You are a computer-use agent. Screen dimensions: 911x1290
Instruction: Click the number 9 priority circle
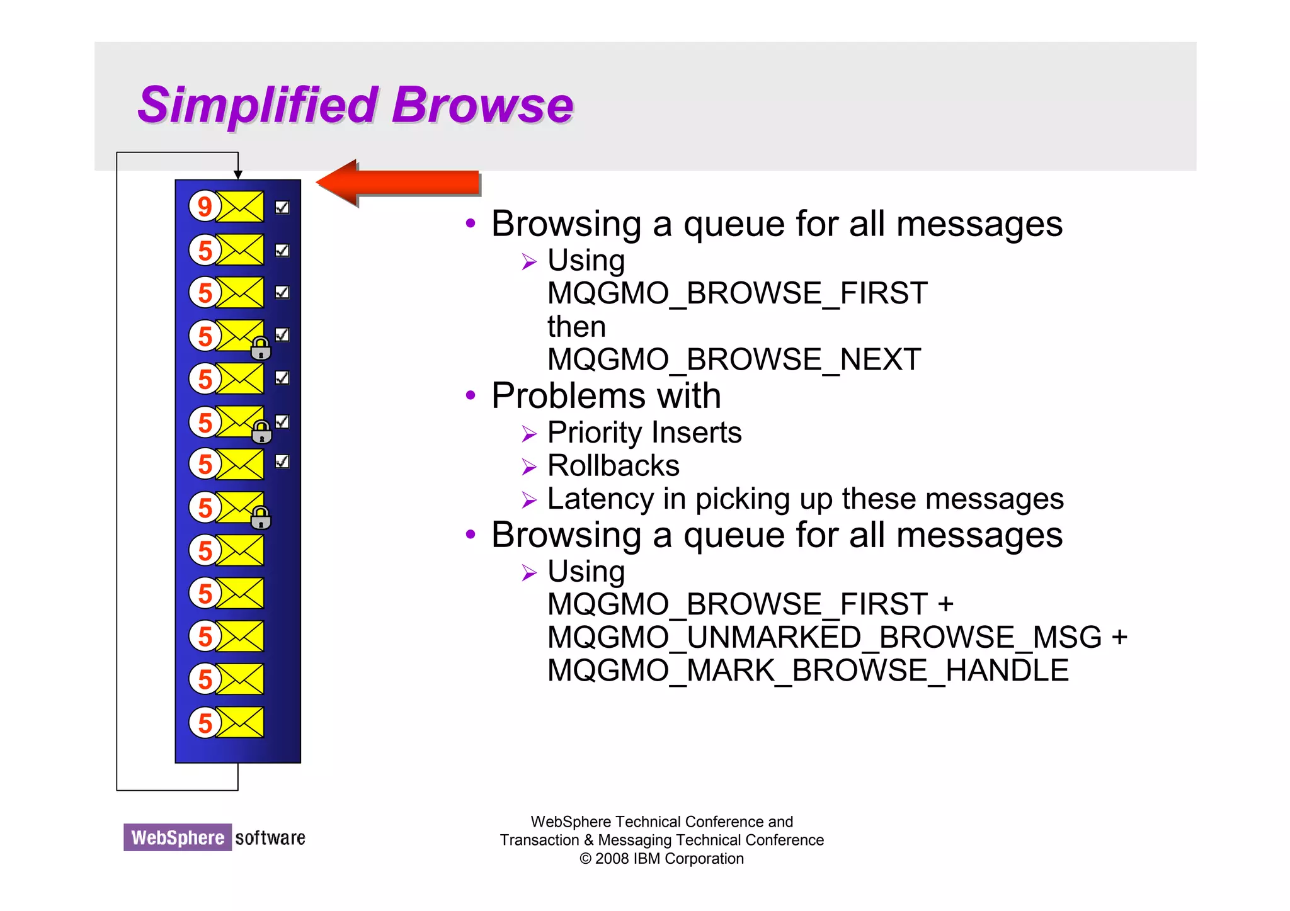click(x=204, y=207)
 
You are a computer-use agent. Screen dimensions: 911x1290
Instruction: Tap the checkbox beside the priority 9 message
click(x=282, y=207)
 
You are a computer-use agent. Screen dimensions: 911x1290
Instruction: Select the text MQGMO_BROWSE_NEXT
click(x=734, y=359)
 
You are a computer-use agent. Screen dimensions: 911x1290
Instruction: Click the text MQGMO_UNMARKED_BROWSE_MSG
click(x=825, y=637)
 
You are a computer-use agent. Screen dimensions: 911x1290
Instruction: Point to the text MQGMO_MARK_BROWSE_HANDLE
click(x=808, y=671)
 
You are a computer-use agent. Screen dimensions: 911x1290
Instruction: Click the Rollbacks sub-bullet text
click(x=613, y=466)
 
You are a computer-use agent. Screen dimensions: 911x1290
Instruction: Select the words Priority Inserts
click(x=644, y=433)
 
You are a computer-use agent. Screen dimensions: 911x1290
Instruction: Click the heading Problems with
click(x=605, y=396)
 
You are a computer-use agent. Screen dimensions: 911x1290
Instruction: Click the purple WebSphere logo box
click(x=178, y=837)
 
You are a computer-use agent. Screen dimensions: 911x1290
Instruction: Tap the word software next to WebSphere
click(x=270, y=838)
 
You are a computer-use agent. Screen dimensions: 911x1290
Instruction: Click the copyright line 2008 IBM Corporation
click(x=661, y=859)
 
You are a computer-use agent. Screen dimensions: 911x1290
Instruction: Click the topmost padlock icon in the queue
click(x=261, y=348)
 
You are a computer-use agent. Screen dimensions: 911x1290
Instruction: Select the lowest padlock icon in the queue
click(x=261, y=518)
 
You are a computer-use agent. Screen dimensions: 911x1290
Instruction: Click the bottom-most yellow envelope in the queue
click(x=240, y=722)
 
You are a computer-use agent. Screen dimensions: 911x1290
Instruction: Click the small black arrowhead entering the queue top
click(x=238, y=174)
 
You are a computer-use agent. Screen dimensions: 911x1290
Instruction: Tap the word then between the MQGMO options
click(x=576, y=327)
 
